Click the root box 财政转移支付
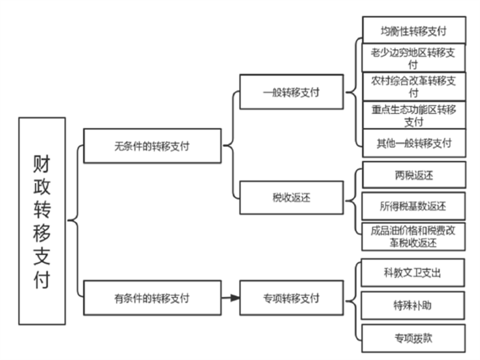click(x=42, y=221)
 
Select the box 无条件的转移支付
click(x=152, y=146)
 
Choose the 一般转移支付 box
click(x=291, y=92)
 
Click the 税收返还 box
click(x=291, y=198)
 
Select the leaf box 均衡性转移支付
click(x=414, y=30)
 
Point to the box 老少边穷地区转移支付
click(x=414, y=58)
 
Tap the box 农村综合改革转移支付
click(x=414, y=86)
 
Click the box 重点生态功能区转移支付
click(x=414, y=115)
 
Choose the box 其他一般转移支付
click(x=414, y=143)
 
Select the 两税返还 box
click(x=414, y=175)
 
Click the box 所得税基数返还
click(x=414, y=206)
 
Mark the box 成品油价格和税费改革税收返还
click(x=414, y=236)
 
